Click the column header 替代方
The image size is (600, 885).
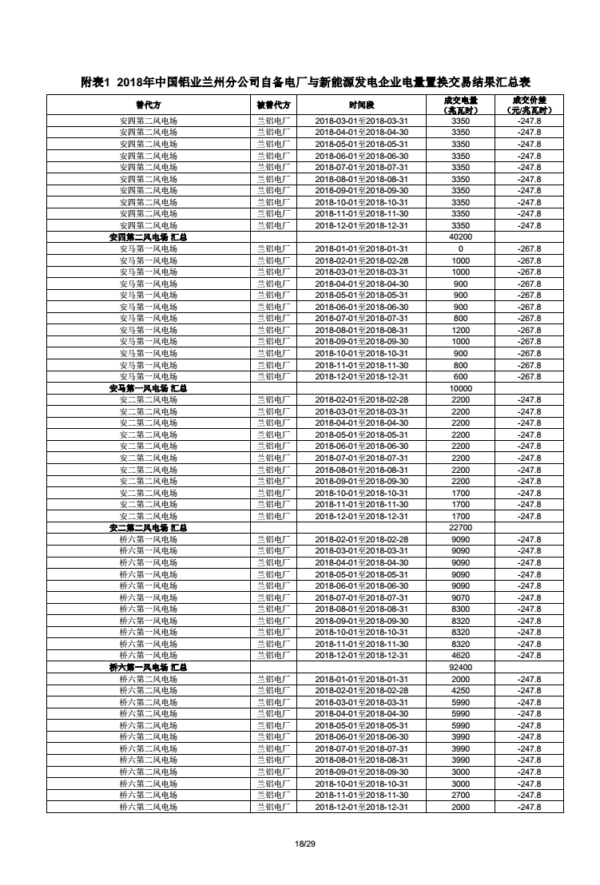(148, 105)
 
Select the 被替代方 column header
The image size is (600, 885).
(273, 105)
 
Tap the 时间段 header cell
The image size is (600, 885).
(361, 105)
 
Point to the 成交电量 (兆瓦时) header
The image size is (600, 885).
(460, 105)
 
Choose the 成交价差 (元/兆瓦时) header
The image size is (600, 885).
(529, 105)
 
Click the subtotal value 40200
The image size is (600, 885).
(460, 237)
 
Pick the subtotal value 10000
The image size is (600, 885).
(460, 388)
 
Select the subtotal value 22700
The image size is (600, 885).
(460, 528)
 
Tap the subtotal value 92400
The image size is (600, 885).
(460, 667)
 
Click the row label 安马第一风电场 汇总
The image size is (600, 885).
(148, 388)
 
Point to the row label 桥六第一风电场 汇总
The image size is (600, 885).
(148, 667)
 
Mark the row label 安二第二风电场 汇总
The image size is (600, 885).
(148, 528)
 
